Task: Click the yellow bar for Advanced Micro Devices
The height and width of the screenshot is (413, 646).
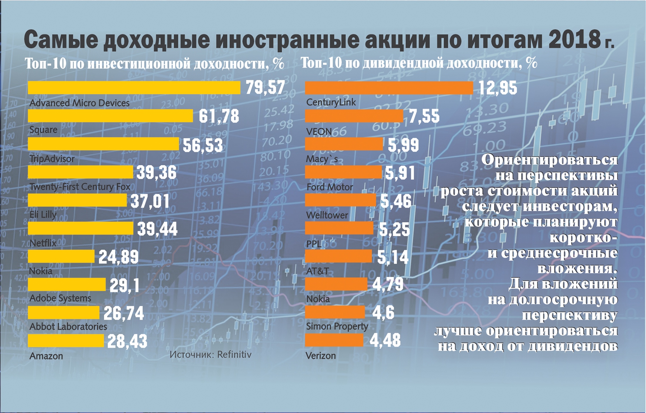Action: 134,88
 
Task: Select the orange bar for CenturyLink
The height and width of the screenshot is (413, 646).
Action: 389,88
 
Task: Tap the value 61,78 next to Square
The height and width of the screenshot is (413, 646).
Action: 219,116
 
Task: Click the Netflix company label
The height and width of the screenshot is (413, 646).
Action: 43,243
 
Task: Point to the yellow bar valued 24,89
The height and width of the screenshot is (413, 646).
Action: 61,256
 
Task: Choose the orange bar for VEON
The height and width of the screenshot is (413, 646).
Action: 354,116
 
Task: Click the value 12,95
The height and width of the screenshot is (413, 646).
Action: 498,88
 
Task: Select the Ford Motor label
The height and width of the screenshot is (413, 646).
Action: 329,187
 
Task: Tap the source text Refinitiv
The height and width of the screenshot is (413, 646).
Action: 234,355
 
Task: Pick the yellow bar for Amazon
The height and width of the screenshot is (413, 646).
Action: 66,341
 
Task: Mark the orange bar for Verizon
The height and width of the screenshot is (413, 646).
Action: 334,340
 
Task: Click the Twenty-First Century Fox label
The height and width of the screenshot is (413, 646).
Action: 80,187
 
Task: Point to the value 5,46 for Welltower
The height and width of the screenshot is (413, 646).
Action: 396,201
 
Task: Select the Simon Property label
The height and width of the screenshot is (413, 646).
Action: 337,326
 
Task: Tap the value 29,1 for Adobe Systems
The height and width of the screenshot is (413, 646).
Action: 124,286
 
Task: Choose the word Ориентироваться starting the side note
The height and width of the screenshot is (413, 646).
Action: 549,159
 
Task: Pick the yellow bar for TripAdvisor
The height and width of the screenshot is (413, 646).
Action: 103,144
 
